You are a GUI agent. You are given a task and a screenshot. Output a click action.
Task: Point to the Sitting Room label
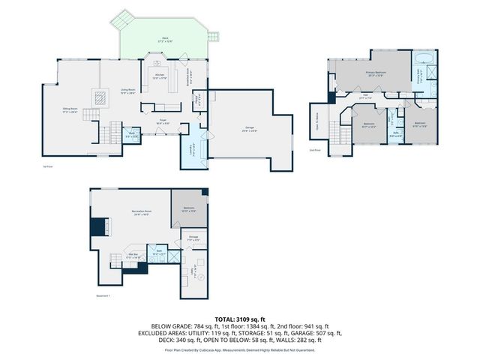[x=70, y=109]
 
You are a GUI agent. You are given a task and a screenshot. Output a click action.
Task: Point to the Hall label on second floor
[x=365, y=95]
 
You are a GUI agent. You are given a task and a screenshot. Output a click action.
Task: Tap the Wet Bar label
[x=130, y=256]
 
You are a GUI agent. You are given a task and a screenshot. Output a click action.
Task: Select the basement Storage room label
[x=193, y=238]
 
